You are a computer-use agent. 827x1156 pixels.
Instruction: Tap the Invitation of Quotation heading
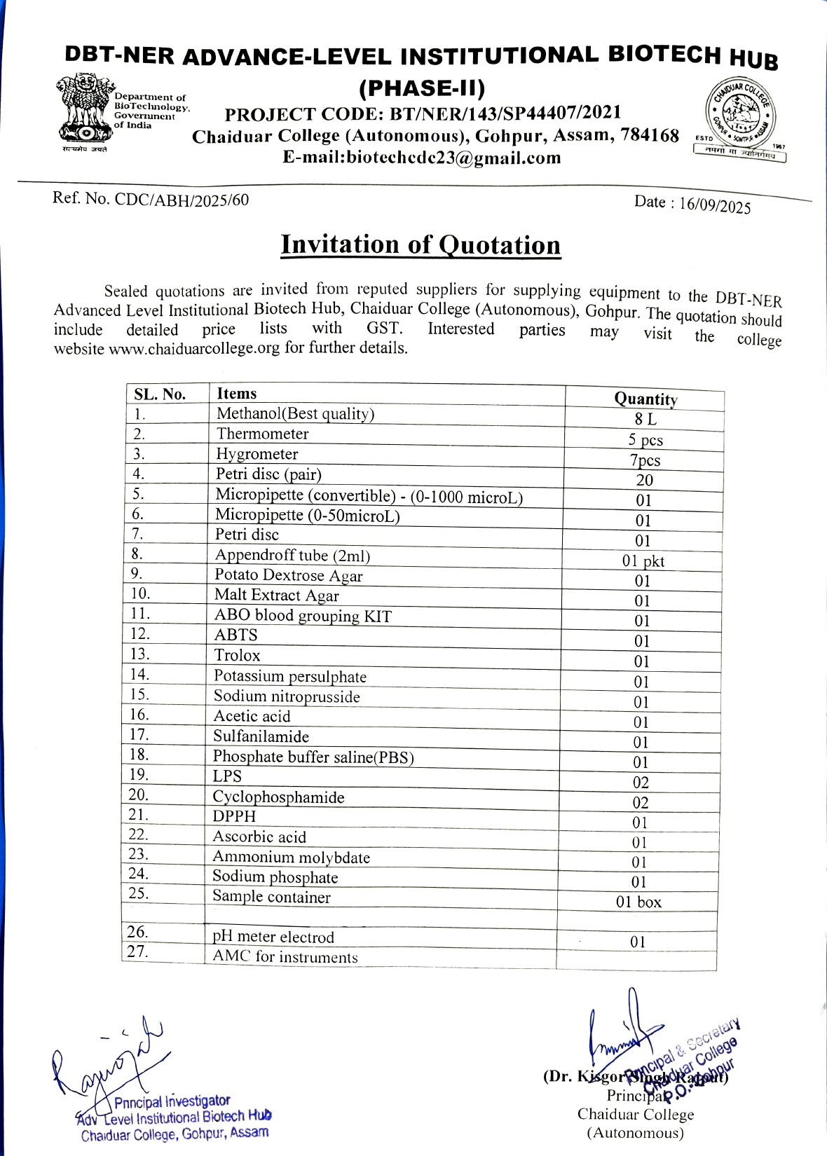[x=421, y=245]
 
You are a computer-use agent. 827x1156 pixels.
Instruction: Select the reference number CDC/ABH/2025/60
[x=182, y=200]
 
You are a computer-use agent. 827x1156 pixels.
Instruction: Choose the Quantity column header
[x=645, y=399]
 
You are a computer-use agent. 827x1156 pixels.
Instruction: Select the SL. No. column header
[x=160, y=394]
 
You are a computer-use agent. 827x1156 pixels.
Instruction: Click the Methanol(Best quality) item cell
[x=295, y=414]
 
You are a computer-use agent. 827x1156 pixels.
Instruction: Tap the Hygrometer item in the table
[x=257, y=454]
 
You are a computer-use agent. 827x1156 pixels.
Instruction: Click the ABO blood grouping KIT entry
[x=302, y=616]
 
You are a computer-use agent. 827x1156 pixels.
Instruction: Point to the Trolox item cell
[x=237, y=655]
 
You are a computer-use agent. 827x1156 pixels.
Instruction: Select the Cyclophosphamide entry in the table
[x=278, y=797]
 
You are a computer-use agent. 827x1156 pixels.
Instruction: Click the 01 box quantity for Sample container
[x=638, y=902]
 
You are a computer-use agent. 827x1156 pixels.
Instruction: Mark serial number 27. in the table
[x=137, y=951]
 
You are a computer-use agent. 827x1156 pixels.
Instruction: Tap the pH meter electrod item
[x=273, y=937]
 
